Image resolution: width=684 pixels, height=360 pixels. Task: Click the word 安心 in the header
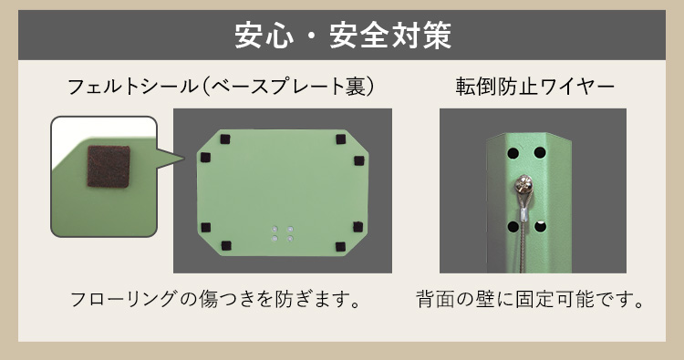click(264, 35)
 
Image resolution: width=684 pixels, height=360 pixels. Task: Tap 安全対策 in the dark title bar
click(390, 35)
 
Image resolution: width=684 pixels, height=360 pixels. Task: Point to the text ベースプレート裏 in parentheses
click(288, 87)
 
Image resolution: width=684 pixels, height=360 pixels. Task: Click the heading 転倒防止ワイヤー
click(534, 87)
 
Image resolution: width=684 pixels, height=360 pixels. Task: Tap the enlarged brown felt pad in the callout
click(109, 167)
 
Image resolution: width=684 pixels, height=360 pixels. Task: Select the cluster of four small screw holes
click(282, 233)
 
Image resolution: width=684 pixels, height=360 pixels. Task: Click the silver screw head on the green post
click(523, 185)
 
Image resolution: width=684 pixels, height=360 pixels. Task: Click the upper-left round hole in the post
click(513, 153)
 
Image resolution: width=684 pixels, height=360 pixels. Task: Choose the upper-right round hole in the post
click(540, 153)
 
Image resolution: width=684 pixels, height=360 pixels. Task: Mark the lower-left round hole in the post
click(513, 227)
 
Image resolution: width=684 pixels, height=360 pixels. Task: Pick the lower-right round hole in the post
click(540, 227)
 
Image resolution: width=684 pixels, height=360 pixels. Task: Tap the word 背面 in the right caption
click(435, 300)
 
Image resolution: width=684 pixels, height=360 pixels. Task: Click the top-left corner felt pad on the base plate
click(225, 139)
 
